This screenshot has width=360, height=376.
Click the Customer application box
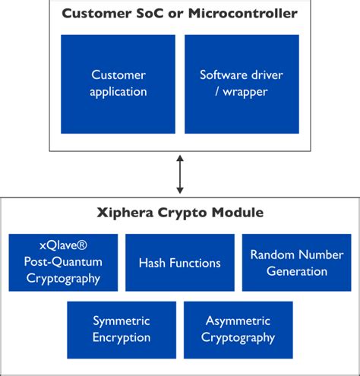pyautogui.click(x=119, y=84)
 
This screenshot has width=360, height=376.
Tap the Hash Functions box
pyautogui.click(x=179, y=263)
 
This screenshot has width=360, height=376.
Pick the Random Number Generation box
pyautogui.click(x=296, y=263)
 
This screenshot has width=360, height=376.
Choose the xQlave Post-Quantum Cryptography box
pyautogui.click(x=63, y=263)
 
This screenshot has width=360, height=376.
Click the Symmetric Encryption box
pyautogui.click(x=122, y=330)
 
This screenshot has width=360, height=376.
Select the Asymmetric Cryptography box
pyautogui.click(x=238, y=330)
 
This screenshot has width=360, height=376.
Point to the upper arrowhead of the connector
pyautogui.click(x=180, y=158)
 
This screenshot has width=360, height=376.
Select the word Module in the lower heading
pyautogui.click(x=235, y=213)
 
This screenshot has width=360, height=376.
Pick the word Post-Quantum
pyautogui.click(x=63, y=263)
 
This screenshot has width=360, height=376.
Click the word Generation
pyautogui.click(x=296, y=271)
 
